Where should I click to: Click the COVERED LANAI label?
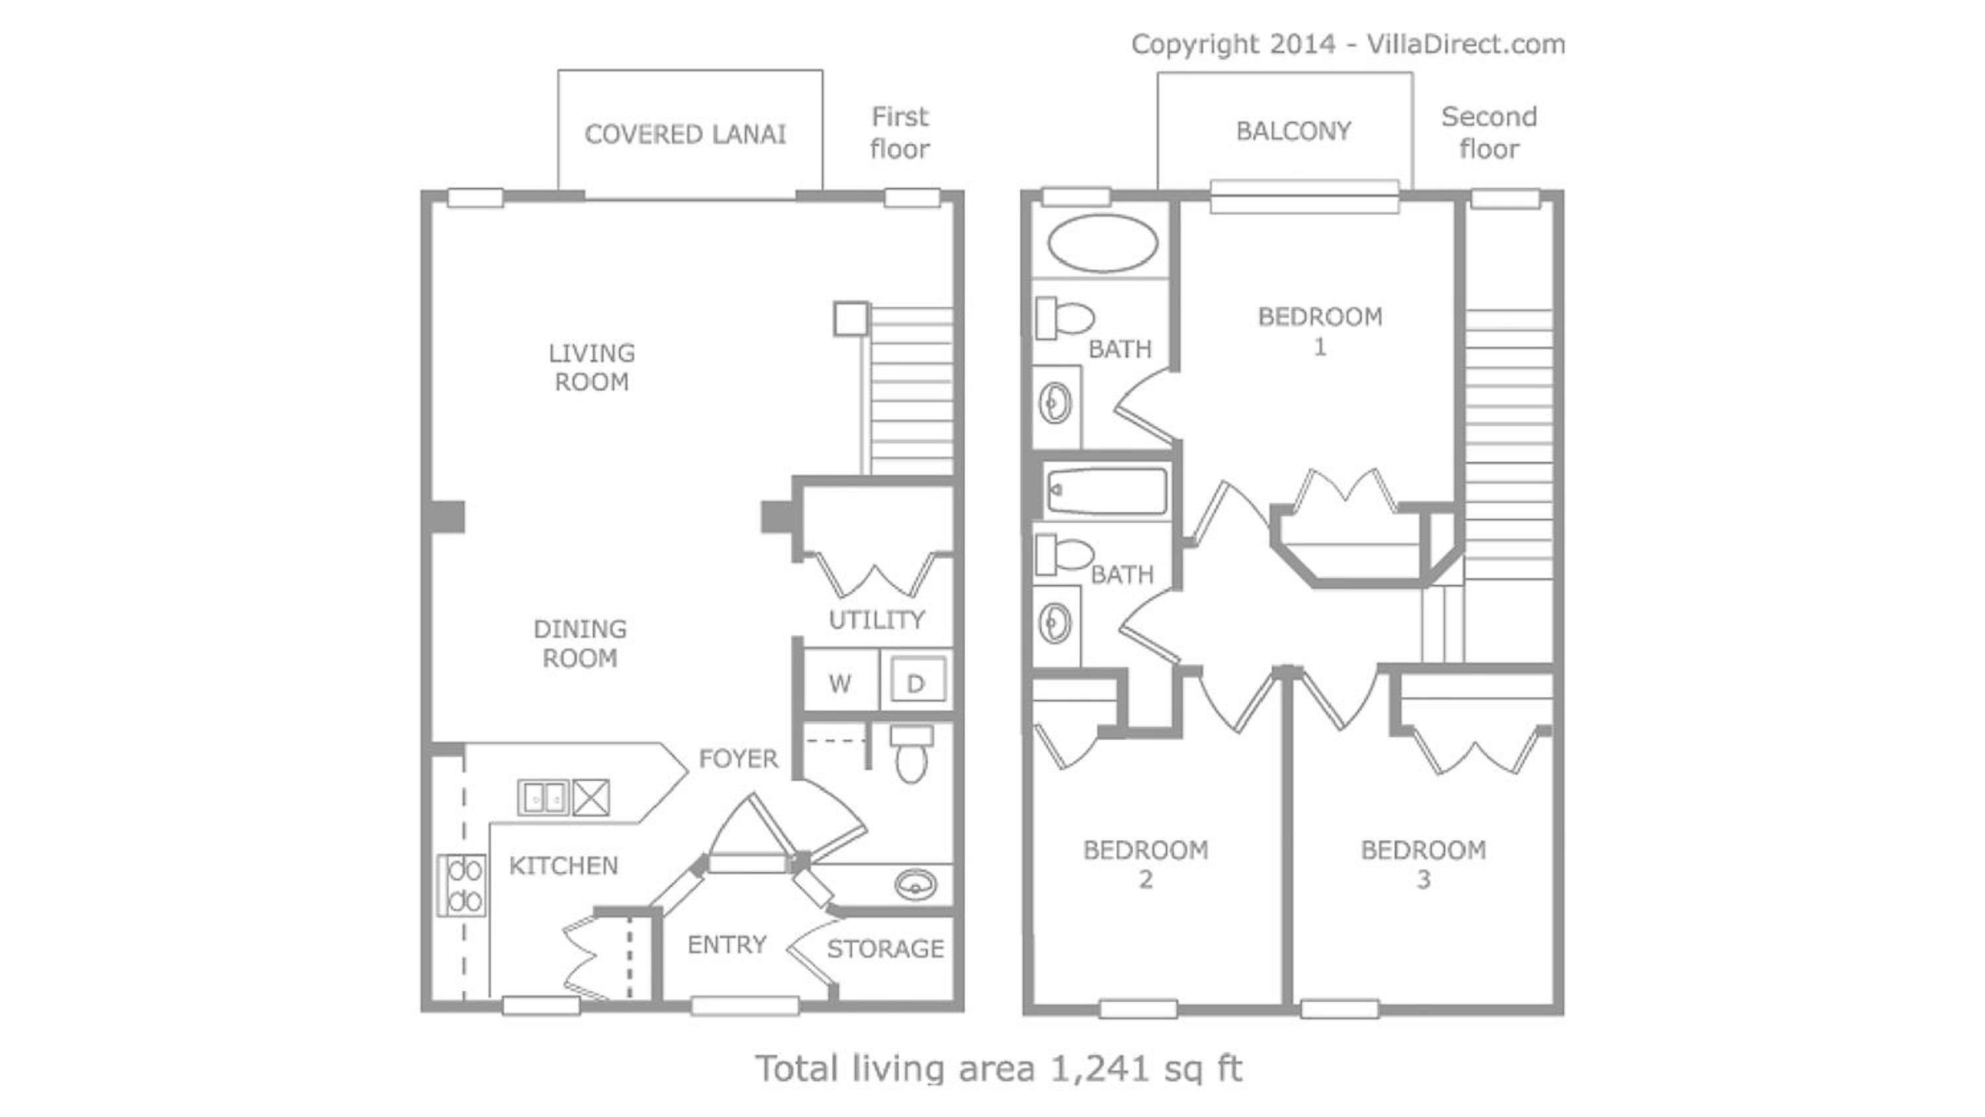[x=685, y=135]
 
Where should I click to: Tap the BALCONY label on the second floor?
[x=1294, y=131]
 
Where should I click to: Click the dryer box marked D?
[x=916, y=680]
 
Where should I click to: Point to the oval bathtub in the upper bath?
[x=1102, y=243]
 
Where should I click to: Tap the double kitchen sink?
[x=544, y=798]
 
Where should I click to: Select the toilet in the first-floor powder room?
[x=912, y=753]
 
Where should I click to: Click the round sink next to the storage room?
[x=916, y=883]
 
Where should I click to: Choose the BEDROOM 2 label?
[x=1146, y=864]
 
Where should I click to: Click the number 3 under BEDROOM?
[x=1423, y=879]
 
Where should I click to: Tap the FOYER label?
[x=738, y=758]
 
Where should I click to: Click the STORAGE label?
[x=885, y=948]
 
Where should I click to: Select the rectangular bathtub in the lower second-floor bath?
[x=1106, y=490]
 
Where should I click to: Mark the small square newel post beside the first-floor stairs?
[x=852, y=318]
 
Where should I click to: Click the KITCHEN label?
[x=563, y=866]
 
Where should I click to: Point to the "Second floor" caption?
[x=1489, y=132]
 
